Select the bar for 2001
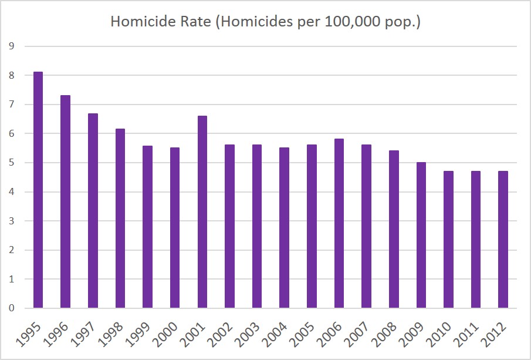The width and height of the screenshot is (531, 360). point(202,212)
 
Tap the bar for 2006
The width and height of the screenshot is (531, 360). point(339,223)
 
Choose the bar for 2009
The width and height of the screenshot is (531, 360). point(421,235)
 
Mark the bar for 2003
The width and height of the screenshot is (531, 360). point(257,226)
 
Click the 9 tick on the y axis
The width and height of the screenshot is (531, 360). point(12,46)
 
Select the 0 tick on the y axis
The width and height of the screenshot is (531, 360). point(12,308)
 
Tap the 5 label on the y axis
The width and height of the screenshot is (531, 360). point(12,163)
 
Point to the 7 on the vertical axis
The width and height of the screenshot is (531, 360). point(12,105)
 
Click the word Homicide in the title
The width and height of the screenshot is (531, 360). point(138,23)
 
